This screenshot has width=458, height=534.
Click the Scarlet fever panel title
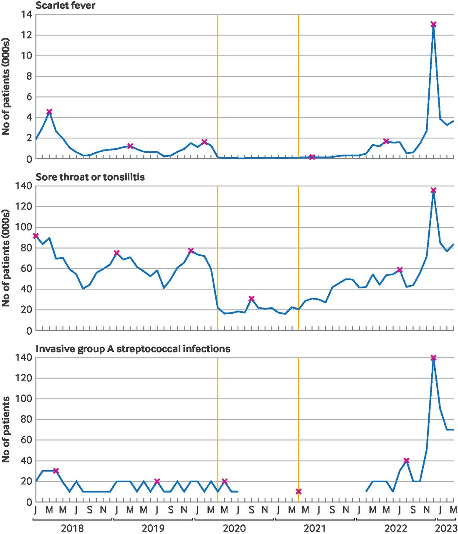pos(65,5)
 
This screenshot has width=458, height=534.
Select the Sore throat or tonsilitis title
pos(90,177)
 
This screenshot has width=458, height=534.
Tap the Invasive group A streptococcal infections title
pos(133,348)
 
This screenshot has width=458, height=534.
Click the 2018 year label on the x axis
pos(72,528)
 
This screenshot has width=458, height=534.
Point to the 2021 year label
pos(315,528)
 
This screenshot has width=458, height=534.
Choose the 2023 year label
pos(446,528)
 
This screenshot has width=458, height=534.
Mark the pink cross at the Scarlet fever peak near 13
pos(433,25)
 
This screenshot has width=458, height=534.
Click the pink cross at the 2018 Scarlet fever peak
pos(49,111)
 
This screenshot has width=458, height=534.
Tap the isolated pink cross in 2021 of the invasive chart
pos(298,491)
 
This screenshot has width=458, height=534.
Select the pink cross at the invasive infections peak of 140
pos(433,358)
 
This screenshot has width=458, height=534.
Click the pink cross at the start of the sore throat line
pos(36,236)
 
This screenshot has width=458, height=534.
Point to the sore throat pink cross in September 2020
pos(251,299)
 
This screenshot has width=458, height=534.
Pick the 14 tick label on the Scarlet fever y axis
pos(26,15)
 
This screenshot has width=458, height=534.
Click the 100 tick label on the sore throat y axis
pos(24,227)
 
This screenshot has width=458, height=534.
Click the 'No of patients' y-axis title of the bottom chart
pos(6,429)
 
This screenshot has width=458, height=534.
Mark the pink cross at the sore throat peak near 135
pos(433,190)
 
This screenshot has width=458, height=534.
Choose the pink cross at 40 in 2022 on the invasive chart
pos(406,461)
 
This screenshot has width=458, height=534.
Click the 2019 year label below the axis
pos(153,528)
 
